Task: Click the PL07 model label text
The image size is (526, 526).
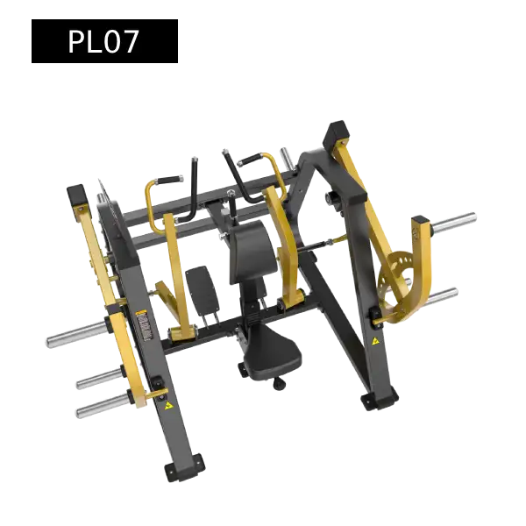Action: (103, 41)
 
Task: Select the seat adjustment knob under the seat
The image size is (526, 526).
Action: (279, 383)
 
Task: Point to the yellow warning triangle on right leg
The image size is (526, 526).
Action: (375, 342)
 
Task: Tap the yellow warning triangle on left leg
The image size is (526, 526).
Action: (168, 406)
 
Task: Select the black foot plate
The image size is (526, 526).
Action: (203, 291)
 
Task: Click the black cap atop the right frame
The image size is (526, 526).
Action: (337, 133)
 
